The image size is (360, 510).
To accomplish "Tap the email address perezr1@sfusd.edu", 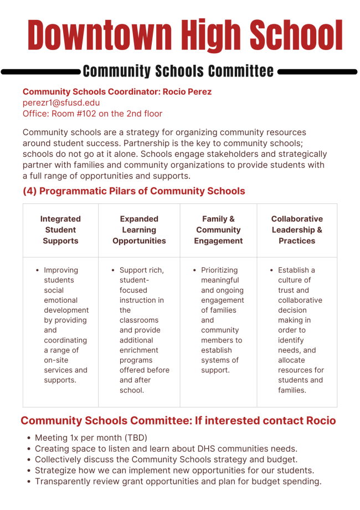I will (x=61, y=103).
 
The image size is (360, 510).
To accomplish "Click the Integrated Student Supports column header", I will (x=60, y=229).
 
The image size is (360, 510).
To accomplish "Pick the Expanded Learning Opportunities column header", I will (x=139, y=229).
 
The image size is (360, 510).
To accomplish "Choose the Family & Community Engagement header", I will (x=218, y=229).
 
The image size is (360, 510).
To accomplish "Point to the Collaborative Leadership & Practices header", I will (x=297, y=229).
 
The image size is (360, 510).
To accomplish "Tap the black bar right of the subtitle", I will (x=317, y=72).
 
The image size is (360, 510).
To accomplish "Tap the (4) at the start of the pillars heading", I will (x=30, y=191).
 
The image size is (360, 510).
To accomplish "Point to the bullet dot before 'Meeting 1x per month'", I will (x=29, y=438).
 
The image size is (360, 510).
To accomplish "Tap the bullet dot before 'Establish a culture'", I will (x=271, y=271).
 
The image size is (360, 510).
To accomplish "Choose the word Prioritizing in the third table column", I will (x=219, y=271).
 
